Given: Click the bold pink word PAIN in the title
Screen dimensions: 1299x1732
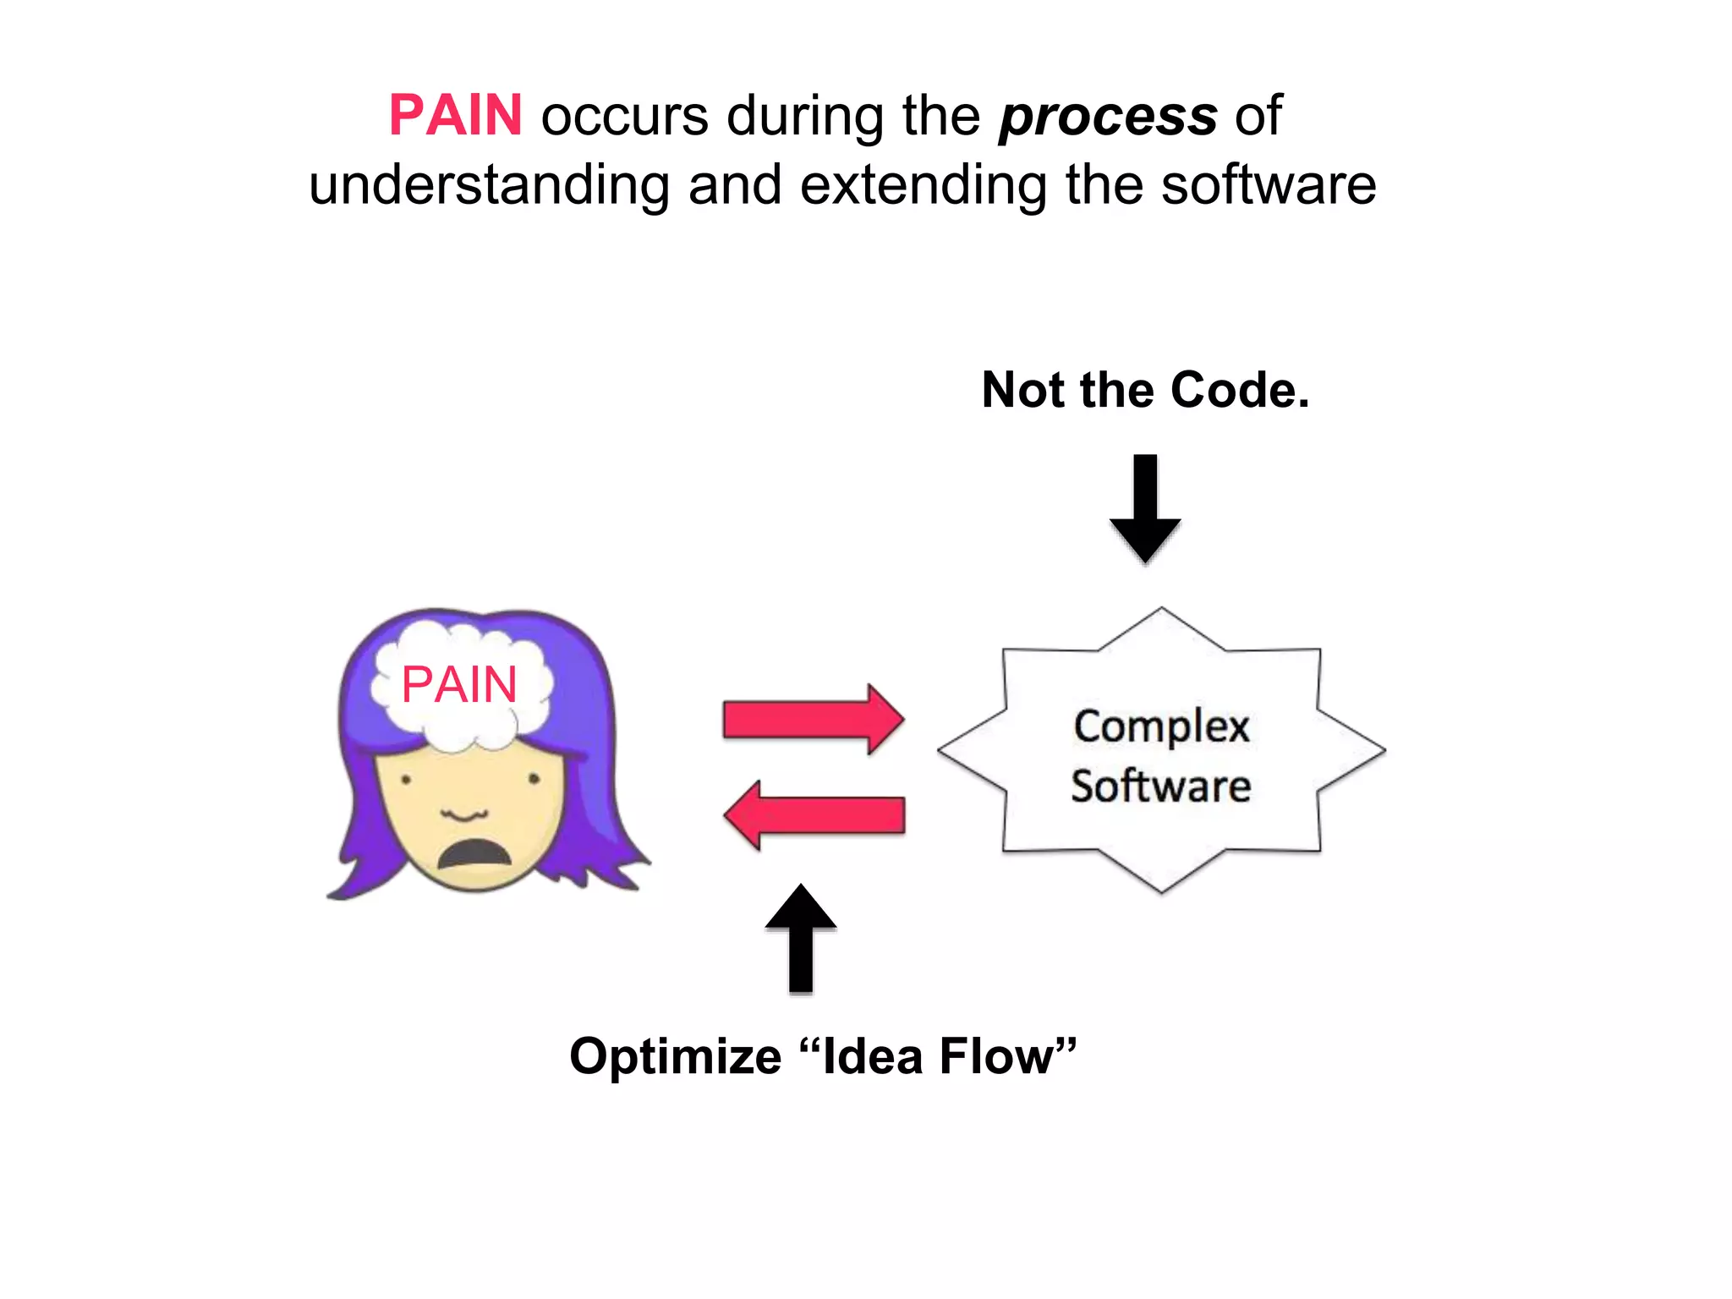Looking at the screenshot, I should pyautogui.click(x=455, y=115).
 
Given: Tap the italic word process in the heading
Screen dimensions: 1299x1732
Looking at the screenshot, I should pyautogui.click(x=1108, y=117).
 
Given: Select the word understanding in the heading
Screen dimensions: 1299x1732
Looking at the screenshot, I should pyautogui.click(x=490, y=185).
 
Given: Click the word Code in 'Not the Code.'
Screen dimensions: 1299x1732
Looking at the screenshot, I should pyautogui.click(x=1239, y=390).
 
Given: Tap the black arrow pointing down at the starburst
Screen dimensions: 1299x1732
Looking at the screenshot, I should pyautogui.click(x=1145, y=507).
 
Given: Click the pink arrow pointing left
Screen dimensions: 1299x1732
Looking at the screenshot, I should pyautogui.click(x=814, y=815).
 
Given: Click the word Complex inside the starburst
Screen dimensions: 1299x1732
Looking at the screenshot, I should pyautogui.click(x=1161, y=727).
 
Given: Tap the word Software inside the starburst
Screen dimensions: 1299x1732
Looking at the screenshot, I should pyautogui.click(x=1161, y=787).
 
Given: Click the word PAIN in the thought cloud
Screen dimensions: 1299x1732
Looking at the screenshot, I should pyautogui.click(x=459, y=684).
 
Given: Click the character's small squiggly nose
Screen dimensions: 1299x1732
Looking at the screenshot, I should pyautogui.click(x=464, y=814).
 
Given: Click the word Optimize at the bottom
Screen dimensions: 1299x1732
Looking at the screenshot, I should pyautogui.click(x=676, y=1057).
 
